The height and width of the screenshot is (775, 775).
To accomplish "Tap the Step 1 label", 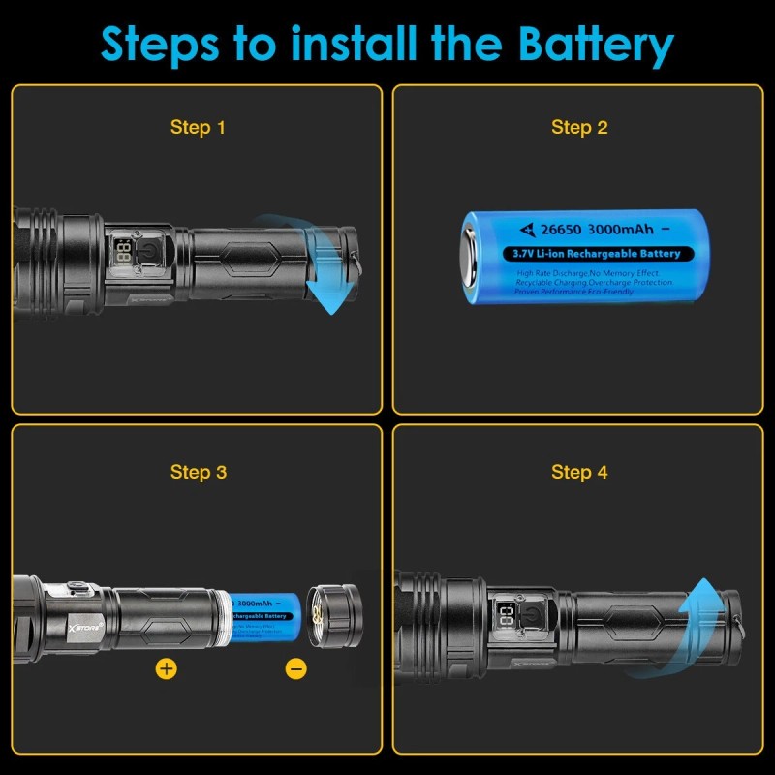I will point(198,127).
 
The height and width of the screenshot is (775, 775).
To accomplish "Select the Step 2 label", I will point(579,127).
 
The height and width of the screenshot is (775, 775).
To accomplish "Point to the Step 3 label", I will point(198,472).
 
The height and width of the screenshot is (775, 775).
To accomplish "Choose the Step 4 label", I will point(579,472).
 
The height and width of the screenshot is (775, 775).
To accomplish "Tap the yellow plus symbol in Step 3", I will point(167,668).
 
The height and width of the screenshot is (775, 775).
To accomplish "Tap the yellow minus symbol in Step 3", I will point(296,668).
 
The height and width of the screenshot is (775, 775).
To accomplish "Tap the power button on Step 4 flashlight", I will point(533,616).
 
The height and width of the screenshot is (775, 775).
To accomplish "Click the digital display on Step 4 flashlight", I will point(505,617).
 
